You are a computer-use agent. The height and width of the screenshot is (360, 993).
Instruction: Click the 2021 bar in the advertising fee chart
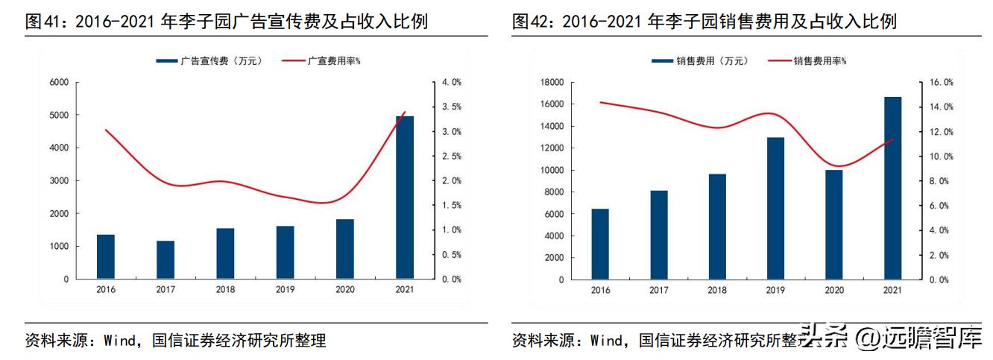point(404,197)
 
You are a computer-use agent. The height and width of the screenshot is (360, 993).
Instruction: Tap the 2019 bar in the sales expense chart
point(775,208)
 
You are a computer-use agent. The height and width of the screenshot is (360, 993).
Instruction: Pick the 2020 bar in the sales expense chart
point(833,224)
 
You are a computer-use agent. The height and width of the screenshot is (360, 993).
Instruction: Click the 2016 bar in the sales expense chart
point(600,244)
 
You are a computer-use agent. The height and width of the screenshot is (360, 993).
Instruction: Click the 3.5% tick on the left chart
point(452,107)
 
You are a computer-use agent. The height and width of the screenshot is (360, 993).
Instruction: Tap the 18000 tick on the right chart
point(550,82)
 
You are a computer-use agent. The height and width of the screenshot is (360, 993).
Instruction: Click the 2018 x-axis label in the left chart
point(224,290)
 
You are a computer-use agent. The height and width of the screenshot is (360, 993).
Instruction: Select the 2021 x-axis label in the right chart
point(892,290)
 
